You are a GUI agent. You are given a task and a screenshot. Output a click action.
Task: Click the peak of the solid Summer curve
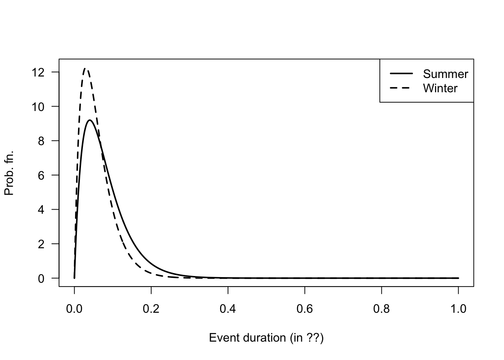point(90,120)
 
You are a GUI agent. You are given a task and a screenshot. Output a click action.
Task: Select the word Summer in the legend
point(445,74)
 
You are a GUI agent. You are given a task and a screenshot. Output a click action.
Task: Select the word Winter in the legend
point(440,88)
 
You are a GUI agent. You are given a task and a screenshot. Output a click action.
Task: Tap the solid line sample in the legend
point(401,73)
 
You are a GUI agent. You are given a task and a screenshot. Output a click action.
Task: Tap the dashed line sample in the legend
point(401,88)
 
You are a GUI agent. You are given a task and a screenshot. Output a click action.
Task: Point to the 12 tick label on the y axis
point(39,72)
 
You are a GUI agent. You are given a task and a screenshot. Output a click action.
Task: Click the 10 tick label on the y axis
point(39,106)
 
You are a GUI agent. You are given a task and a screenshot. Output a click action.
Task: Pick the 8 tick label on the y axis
point(41,141)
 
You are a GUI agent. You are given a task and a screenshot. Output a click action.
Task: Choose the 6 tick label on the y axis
point(41,175)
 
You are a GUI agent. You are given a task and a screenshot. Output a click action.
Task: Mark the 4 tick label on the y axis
point(41,210)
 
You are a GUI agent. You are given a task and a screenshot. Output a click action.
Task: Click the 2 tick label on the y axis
point(41,244)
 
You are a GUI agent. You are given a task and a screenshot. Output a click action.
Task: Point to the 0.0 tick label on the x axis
point(74,309)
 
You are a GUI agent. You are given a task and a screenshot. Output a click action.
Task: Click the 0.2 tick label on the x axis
point(151,309)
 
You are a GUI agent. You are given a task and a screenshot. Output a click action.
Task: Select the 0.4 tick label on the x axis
point(228,309)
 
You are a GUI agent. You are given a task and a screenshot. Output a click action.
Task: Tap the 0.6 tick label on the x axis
point(305,309)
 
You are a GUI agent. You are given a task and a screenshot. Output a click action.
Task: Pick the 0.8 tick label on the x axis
point(381,309)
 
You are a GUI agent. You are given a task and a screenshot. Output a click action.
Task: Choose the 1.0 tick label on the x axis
point(458,309)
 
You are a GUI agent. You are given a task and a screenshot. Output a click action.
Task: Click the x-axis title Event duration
point(266,338)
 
